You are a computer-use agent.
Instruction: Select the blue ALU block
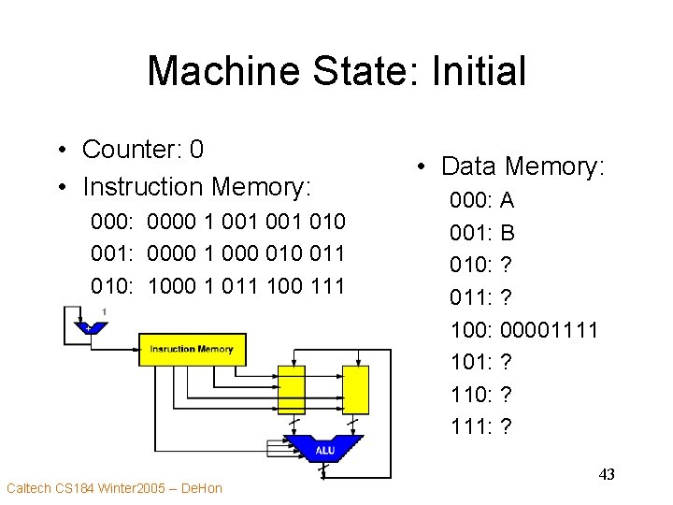(324, 450)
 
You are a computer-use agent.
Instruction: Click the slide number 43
(607, 475)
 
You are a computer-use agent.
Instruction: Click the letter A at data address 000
(508, 200)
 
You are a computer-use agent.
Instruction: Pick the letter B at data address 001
(508, 233)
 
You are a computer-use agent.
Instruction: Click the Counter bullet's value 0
(196, 150)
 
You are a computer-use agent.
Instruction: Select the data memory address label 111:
(472, 426)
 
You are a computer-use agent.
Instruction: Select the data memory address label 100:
(472, 329)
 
